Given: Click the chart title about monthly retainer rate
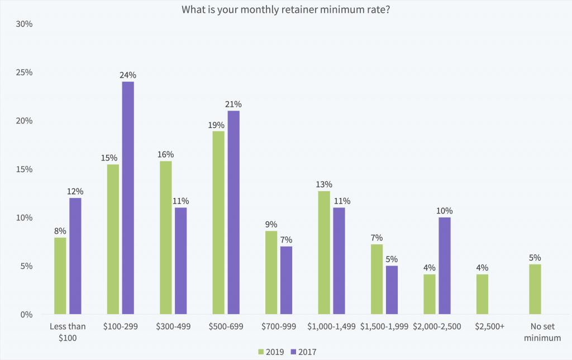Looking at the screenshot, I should point(286,10).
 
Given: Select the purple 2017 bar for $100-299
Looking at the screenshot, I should point(128,198).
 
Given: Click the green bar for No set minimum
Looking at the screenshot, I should point(535,289).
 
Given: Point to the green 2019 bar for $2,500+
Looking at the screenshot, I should point(482,294).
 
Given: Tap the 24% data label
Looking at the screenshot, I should point(128,75).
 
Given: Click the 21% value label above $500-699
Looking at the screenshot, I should point(233,104).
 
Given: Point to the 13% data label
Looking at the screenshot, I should point(324,184).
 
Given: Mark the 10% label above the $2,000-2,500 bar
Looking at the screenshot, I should point(445,211).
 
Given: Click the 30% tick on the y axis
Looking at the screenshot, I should point(24,25).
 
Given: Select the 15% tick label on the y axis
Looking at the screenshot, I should point(24,169).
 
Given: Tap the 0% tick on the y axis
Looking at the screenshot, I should point(26,314).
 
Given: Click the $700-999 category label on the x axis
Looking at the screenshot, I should point(279,326).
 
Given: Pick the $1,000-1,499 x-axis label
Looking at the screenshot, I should point(331,326).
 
